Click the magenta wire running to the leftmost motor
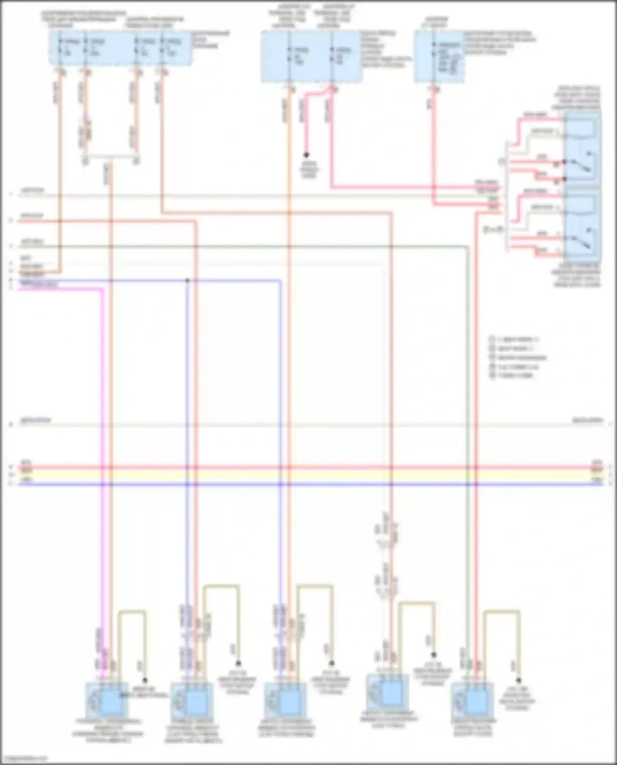(101, 452)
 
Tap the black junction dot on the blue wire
(188, 281)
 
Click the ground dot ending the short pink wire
(306, 155)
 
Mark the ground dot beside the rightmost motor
(519, 680)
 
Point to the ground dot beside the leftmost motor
(144, 680)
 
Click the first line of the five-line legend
(514, 340)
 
